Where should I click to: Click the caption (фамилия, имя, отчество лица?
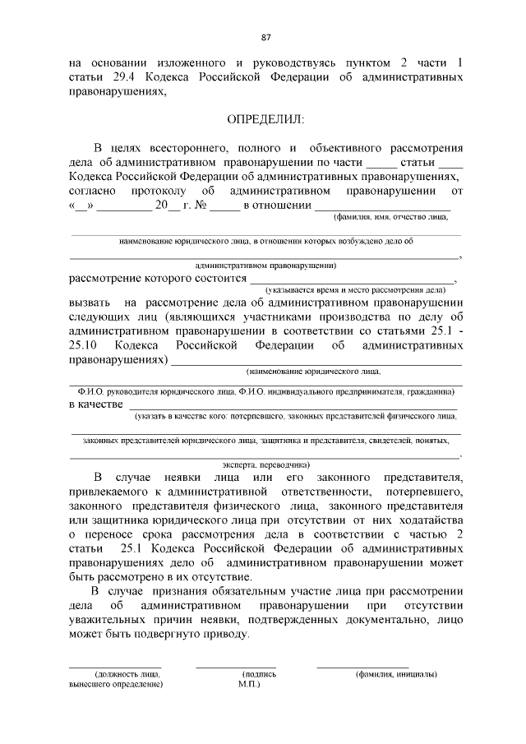point(390,217)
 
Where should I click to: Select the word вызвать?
point(89,303)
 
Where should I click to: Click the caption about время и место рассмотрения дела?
point(355,289)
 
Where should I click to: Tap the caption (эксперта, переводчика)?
point(264,463)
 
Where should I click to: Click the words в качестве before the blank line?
point(95,404)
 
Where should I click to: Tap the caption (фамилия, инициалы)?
point(396,673)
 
